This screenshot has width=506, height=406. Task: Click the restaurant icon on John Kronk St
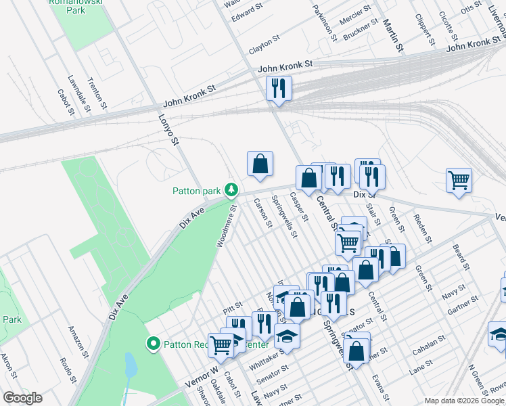click(278, 88)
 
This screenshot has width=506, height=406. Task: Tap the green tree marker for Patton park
click(231, 189)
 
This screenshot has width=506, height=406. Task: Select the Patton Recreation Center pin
click(154, 344)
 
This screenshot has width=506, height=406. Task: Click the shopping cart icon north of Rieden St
click(459, 181)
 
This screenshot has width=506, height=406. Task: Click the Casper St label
click(298, 207)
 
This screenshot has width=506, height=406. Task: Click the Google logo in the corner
click(22, 398)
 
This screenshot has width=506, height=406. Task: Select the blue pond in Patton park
click(130, 365)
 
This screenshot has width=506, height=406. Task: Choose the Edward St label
click(247, 13)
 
